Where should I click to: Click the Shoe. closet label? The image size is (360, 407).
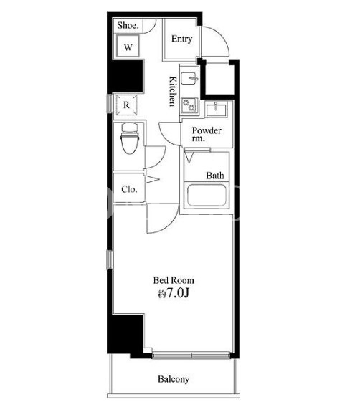click(128, 26)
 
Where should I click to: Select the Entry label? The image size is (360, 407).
click(182, 39)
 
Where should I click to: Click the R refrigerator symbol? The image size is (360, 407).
click(126, 105)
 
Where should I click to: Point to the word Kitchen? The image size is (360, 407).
click(172, 92)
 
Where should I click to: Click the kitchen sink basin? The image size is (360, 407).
click(189, 78)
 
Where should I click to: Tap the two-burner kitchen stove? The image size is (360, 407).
click(189, 105)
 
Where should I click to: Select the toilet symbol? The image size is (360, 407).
click(130, 138)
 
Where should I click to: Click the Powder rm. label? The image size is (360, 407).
click(207, 134)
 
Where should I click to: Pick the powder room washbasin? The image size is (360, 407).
click(216, 109)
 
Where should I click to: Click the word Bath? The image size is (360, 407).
click(215, 176)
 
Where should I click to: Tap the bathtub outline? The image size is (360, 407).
click(207, 195)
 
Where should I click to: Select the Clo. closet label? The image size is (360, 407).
click(129, 189)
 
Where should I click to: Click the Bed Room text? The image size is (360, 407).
click(174, 280)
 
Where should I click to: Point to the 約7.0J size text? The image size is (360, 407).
click(174, 293)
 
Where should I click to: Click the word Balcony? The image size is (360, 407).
click(174, 379)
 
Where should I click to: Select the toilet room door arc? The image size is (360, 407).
click(161, 161)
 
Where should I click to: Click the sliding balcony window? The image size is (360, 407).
click(191, 355)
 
